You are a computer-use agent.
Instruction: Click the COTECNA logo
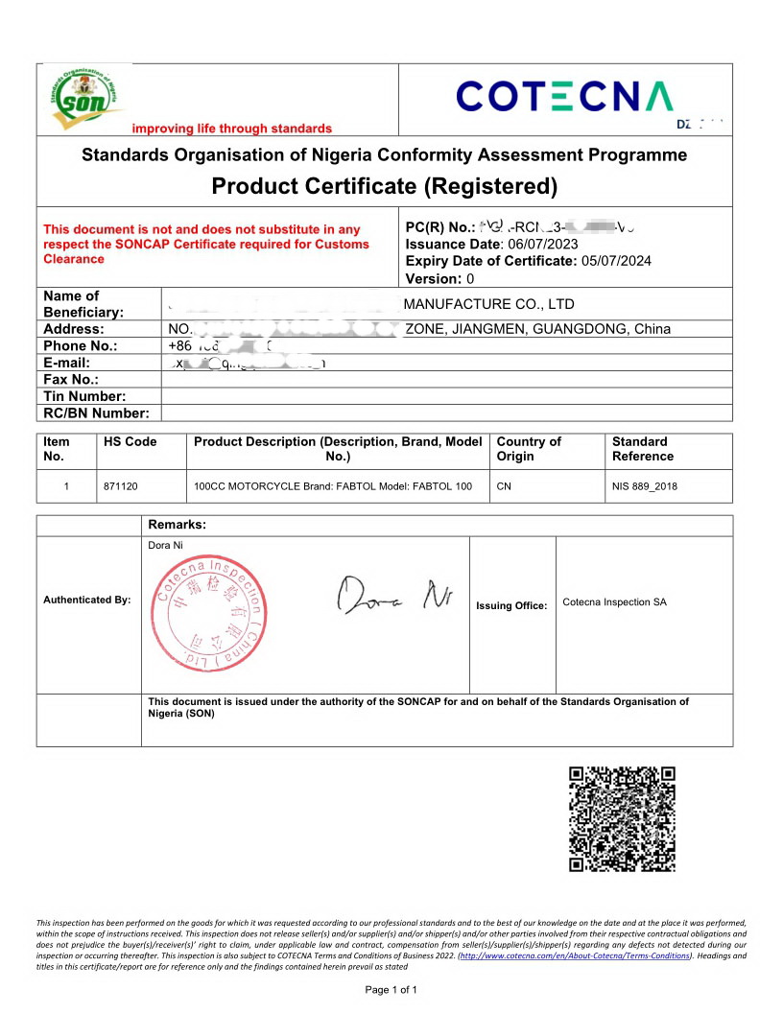[564, 97]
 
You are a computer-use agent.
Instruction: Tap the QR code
[622, 818]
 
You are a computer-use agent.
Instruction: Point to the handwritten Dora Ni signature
[394, 596]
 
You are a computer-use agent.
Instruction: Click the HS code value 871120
[121, 486]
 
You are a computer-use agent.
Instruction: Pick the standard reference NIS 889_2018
[645, 486]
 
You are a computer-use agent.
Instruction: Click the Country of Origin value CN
[504, 486]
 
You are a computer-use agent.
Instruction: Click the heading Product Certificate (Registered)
[384, 185]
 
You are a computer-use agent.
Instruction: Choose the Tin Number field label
[84, 396]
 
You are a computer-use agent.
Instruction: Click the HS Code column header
[130, 442]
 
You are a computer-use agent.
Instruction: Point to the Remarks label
[178, 525]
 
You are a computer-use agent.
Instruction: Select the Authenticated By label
[87, 600]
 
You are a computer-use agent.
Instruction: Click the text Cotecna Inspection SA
[614, 602]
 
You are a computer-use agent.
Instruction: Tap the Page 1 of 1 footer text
[391, 989]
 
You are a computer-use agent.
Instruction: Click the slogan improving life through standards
[231, 129]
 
